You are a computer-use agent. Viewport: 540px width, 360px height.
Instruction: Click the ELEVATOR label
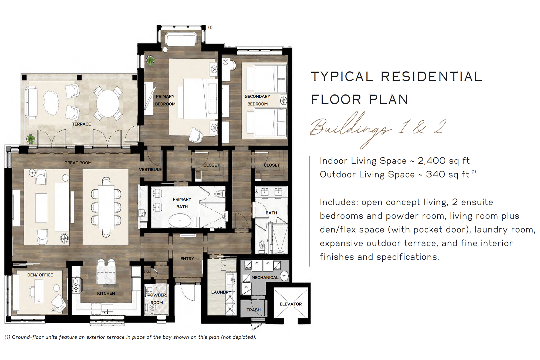point(291,304)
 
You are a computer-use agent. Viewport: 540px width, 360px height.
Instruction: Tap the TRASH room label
point(253,310)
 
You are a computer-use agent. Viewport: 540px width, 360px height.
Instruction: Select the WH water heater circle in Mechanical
point(284,276)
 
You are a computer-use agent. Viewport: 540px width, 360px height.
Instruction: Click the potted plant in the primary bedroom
point(150,60)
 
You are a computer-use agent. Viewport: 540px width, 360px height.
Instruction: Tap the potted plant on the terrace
point(31,139)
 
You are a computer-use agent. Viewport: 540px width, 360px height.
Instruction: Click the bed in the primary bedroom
point(200,99)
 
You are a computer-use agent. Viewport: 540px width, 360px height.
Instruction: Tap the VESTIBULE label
point(150,170)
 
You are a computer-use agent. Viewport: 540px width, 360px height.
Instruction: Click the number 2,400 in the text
point(431,161)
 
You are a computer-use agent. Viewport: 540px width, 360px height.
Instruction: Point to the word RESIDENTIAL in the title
point(431,77)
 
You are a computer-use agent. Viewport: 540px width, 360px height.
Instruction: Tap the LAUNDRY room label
point(221,292)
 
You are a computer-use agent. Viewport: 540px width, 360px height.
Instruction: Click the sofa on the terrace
point(31,103)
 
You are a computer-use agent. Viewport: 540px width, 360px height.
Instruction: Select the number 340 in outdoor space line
point(435,174)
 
